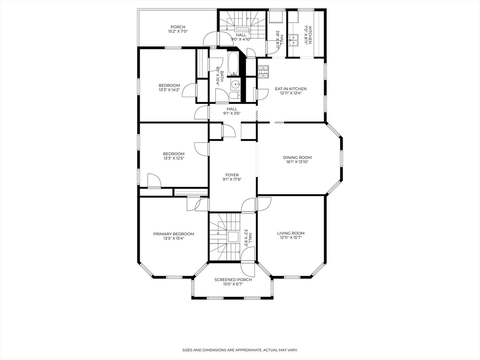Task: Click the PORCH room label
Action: [178, 27]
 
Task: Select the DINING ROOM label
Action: [297, 157]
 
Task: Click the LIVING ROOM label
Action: [291, 233]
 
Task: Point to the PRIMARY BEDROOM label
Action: [173, 234]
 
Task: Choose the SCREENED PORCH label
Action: [233, 280]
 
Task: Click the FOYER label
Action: [232, 175]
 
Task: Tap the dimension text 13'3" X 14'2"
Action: [169, 90]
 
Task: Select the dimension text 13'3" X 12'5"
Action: [173, 158]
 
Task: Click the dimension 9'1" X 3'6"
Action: [232, 113]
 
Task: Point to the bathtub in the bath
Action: [233, 64]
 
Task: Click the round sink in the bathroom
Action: [235, 83]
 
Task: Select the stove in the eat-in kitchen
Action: [263, 72]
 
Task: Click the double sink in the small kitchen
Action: [293, 40]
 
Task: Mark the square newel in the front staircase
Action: [233, 237]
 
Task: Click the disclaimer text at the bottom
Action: [240, 350]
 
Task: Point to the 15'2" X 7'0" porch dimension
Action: [178, 31]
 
